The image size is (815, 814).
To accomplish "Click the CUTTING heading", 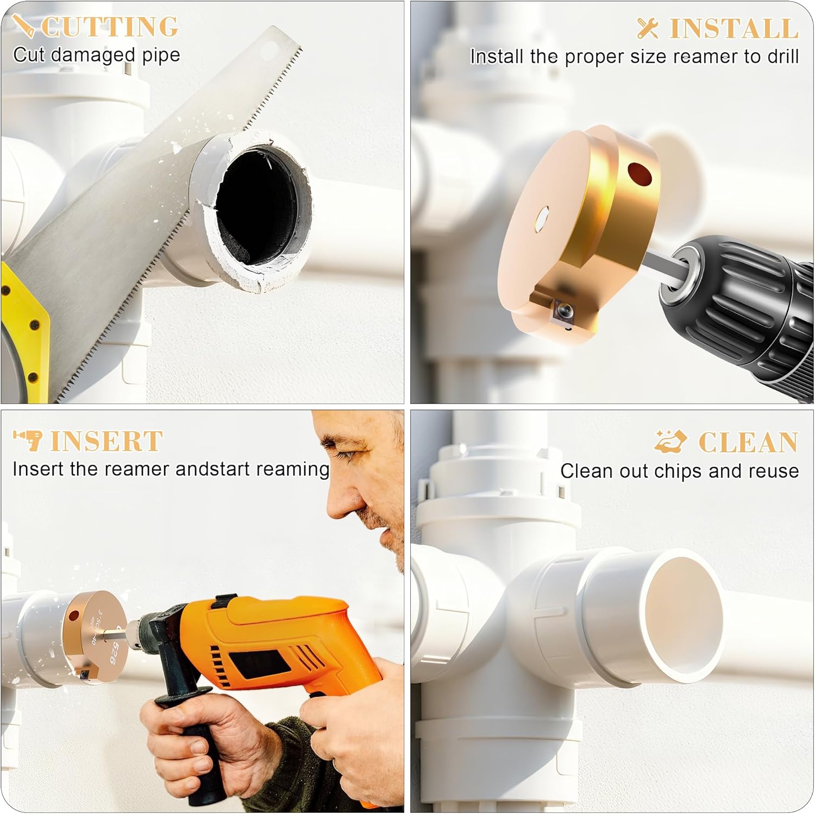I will tap(110, 27).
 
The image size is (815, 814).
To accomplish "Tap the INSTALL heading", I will tap(733, 28).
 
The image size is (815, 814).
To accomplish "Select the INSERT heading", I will tap(106, 440).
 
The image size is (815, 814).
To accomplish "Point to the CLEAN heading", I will tap(748, 442).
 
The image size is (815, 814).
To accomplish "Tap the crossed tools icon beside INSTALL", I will tap(647, 28).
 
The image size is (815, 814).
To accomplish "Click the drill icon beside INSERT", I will tap(28, 440).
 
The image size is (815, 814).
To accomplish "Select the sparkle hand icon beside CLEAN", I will tap(670, 441).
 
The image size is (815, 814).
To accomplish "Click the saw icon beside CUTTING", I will tap(23, 25).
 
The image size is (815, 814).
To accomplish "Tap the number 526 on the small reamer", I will tap(114, 651).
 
